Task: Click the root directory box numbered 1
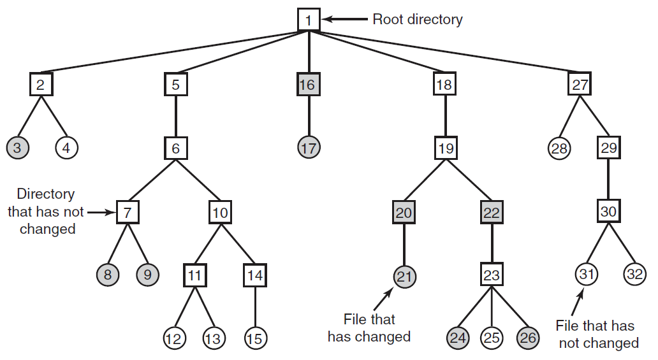coord(309,20)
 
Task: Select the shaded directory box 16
coord(309,84)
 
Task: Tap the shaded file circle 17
coord(309,147)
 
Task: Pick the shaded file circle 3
coord(18,147)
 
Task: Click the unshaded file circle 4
coord(66,147)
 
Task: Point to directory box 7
coord(128,212)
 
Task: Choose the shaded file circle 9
coord(148,275)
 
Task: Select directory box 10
coord(221,212)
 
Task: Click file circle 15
coord(255,338)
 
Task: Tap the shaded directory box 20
coord(404,212)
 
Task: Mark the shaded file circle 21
coord(404,277)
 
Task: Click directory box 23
coord(492,275)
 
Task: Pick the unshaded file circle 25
coord(492,338)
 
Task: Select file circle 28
coord(559,148)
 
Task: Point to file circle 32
coord(634,274)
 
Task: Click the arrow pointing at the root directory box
coord(345,19)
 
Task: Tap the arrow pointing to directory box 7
coord(101,212)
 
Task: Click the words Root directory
coord(418,19)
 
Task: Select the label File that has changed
coord(369,328)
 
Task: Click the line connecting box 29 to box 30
coord(608,180)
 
